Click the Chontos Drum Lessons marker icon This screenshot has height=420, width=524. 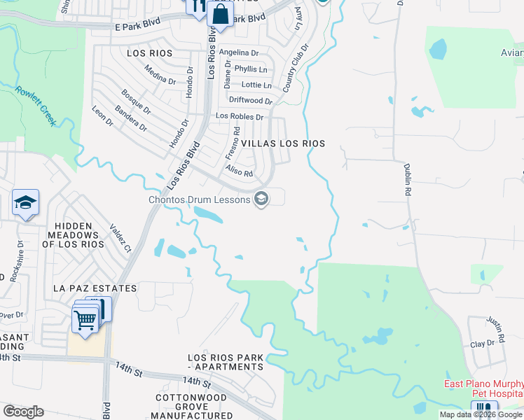[261, 200]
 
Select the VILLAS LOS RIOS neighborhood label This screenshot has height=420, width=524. [283, 143]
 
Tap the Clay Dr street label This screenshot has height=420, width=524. [482, 344]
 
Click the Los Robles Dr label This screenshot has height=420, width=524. [240, 116]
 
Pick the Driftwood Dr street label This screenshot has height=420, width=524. [250, 100]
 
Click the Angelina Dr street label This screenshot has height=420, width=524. [238, 52]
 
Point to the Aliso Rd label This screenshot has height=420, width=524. [238, 170]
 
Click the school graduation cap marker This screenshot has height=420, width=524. [26, 202]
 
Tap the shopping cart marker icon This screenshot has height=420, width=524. [85, 321]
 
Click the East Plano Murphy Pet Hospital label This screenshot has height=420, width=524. [484, 389]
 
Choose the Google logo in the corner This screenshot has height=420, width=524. [23, 412]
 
